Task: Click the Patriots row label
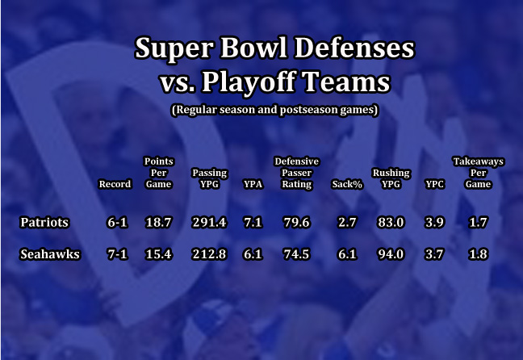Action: tap(44, 222)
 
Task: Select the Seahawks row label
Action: tap(50, 254)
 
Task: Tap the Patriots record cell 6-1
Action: tap(117, 222)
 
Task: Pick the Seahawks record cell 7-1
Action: tap(117, 254)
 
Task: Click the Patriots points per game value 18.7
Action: tap(158, 222)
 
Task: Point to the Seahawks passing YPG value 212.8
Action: tap(209, 254)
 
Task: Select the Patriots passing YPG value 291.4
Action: tap(209, 222)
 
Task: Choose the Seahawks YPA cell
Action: tap(253, 254)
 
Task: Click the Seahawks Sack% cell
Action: tap(347, 254)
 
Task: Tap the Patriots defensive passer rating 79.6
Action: tap(296, 222)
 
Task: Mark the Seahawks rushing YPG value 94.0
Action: tap(391, 254)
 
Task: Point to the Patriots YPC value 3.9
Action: tap(434, 222)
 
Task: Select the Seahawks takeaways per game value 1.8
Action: tap(478, 254)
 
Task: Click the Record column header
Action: tap(115, 184)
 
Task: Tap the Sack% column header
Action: tap(347, 184)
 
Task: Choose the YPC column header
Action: tap(434, 184)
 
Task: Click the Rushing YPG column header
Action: tap(391, 178)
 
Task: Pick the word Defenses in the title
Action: tap(354, 48)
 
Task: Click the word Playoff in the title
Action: tap(249, 82)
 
